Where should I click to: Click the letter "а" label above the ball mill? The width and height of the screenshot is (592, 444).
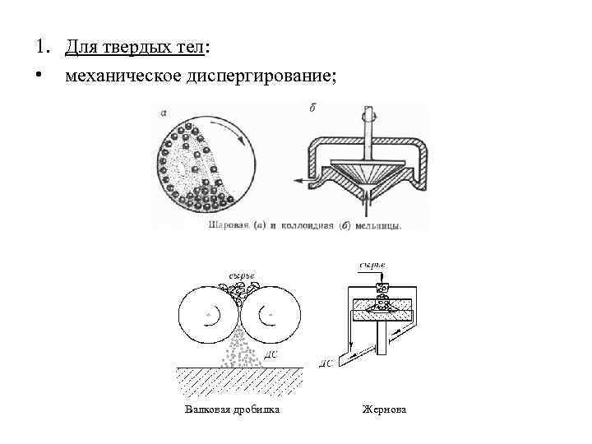165,113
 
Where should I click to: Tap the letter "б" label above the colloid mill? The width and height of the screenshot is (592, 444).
313,108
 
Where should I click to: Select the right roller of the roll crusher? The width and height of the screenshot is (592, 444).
269,317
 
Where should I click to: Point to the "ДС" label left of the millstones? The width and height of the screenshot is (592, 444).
326,363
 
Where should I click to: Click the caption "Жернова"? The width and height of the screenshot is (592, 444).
384,409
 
